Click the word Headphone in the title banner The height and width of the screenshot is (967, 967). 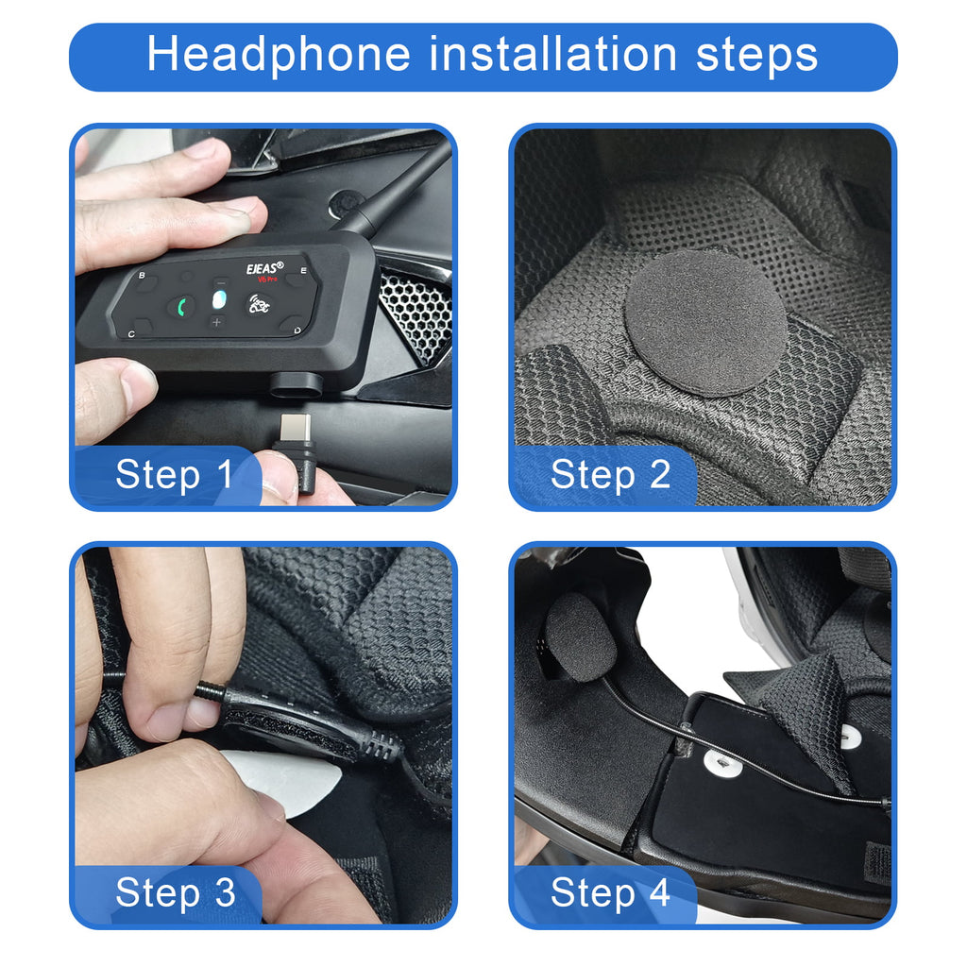[280, 56]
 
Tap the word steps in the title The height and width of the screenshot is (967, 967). [757, 56]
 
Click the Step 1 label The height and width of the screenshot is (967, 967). [174, 475]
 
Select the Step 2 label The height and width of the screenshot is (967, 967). [610, 475]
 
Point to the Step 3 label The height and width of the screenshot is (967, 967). [175, 893]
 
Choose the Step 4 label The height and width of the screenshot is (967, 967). [610, 893]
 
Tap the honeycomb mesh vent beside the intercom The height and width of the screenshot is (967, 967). [416, 312]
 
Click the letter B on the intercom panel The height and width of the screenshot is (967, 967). [143, 277]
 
